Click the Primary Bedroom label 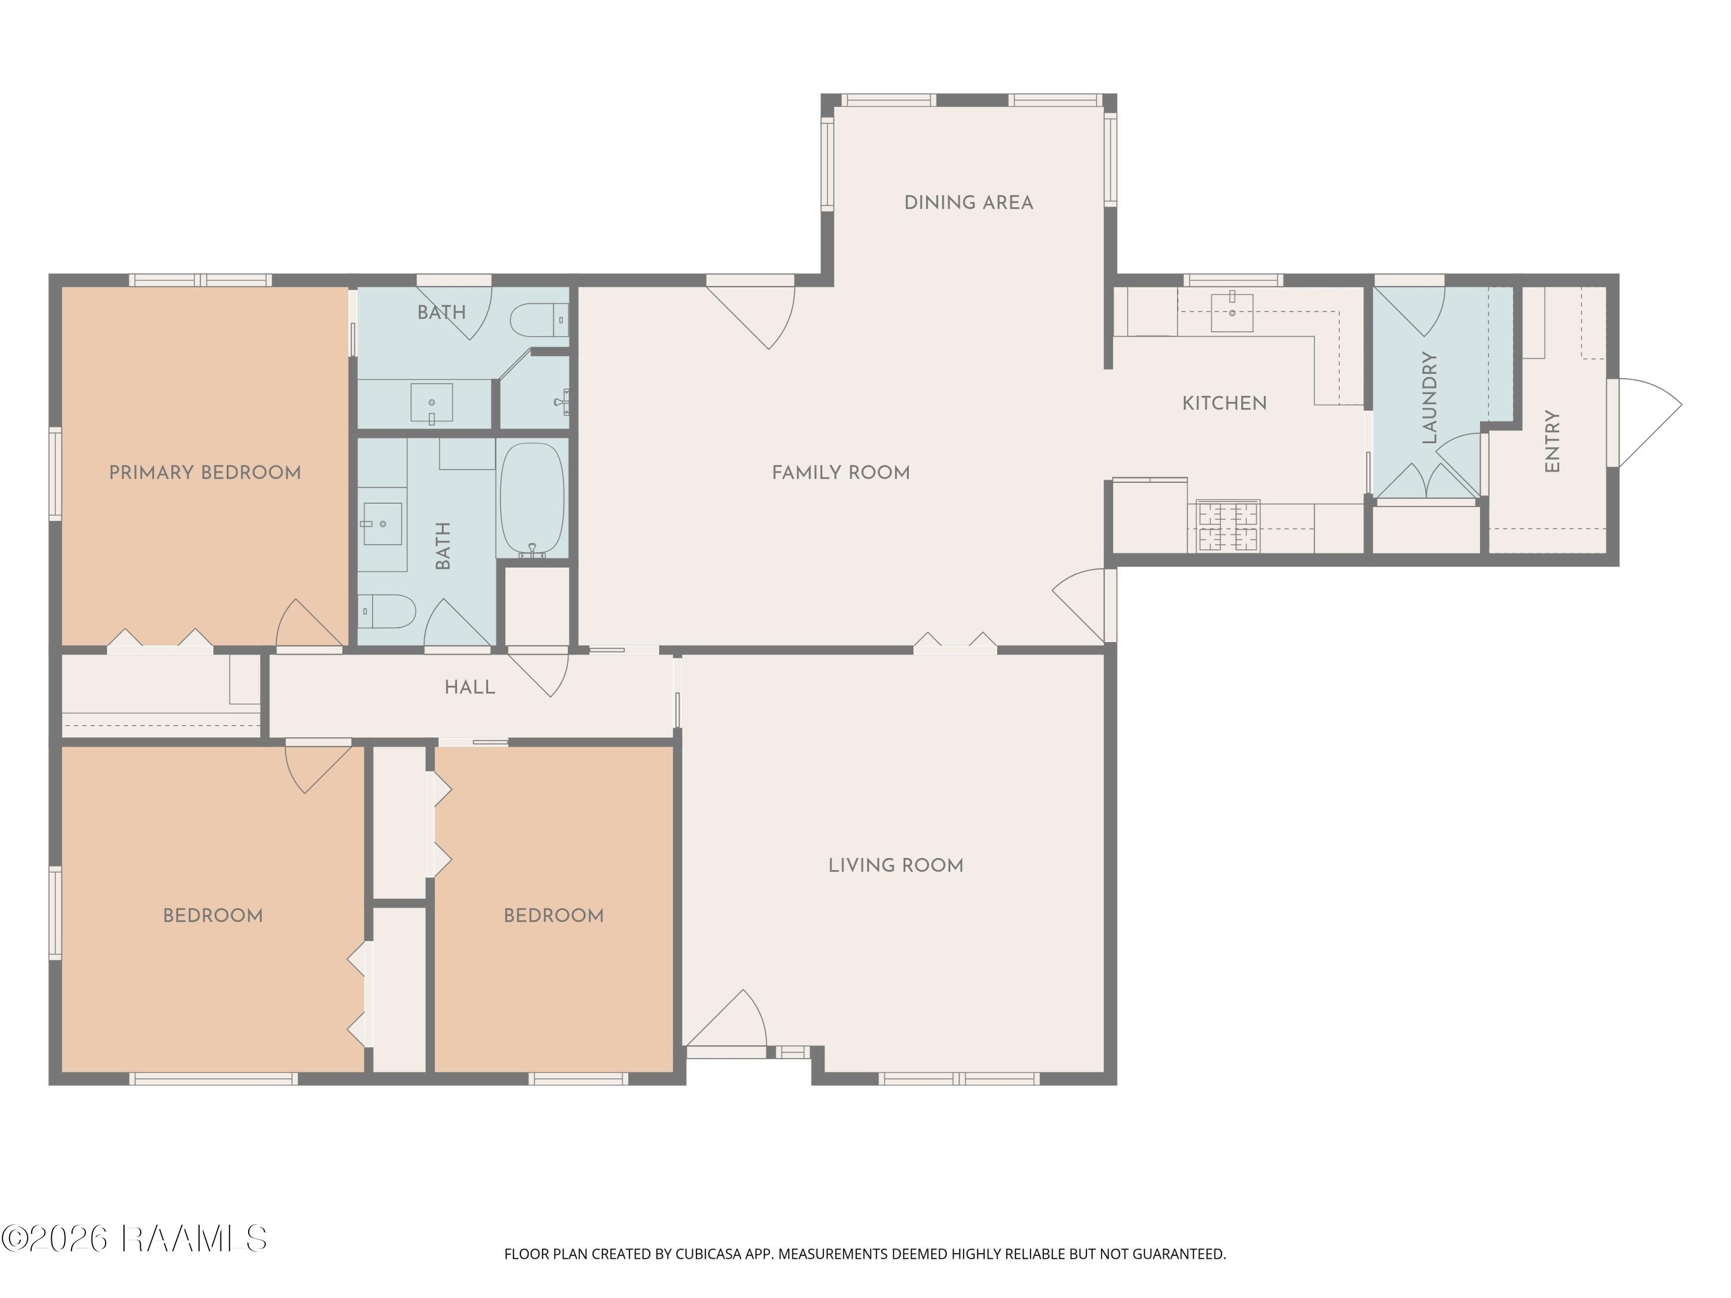[x=205, y=472]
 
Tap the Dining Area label [x=969, y=202]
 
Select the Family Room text [x=841, y=472]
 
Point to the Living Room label [x=896, y=865]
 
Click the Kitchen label [x=1225, y=403]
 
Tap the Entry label [x=1553, y=441]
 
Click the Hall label [x=470, y=687]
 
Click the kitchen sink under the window [x=1232, y=312]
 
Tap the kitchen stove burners [x=1228, y=526]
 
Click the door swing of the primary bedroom [x=310, y=623]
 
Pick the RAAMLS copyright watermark [x=134, y=1239]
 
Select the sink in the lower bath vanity [x=383, y=523]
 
